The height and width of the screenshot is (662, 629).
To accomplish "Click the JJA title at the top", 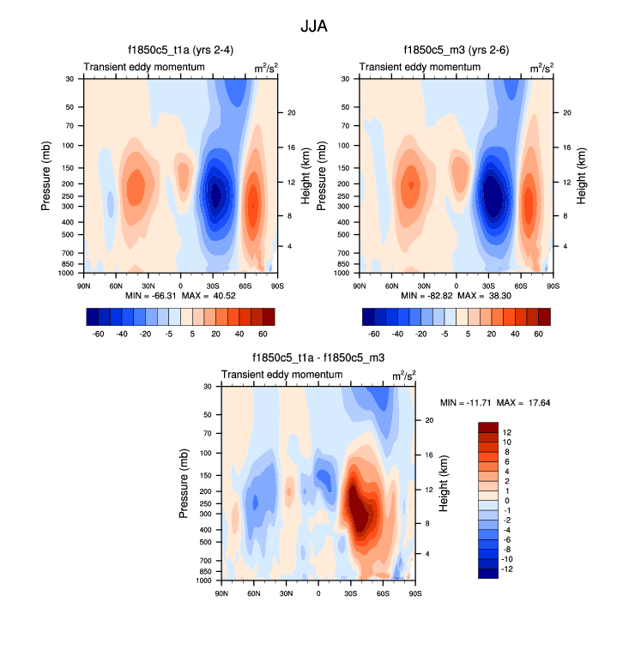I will [x=314, y=27].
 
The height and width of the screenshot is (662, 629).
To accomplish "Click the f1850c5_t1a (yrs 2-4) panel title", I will [x=180, y=51].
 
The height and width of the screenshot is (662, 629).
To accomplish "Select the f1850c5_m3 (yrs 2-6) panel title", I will [x=457, y=51].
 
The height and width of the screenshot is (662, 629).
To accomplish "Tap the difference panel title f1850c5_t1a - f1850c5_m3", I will [x=318, y=358].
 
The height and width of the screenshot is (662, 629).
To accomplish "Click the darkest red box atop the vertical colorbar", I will [x=488, y=427].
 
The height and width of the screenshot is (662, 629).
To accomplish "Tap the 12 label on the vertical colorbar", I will [x=507, y=432].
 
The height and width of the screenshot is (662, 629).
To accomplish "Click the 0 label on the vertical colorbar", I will [x=507, y=500].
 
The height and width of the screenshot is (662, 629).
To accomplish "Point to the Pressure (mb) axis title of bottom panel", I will [x=184, y=484].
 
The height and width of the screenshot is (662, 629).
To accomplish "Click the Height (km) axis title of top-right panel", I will [x=582, y=175].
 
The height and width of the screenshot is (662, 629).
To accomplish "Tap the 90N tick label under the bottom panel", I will [x=221, y=593].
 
